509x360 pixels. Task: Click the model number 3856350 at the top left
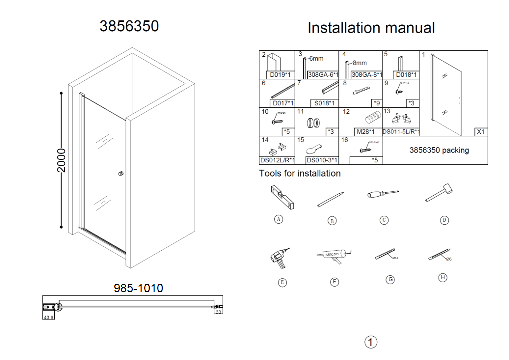pyautogui.click(x=129, y=26)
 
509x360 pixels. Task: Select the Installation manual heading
pyautogui.click(x=371, y=28)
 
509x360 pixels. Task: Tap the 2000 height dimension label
pyautogui.click(x=61, y=160)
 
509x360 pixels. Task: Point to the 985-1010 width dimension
pyautogui.click(x=138, y=288)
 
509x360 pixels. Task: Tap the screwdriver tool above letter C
pyautogui.click(x=383, y=194)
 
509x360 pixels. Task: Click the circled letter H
pyautogui.click(x=442, y=278)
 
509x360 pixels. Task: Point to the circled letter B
pyautogui.click(x=332, y=220)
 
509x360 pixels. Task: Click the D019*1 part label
pyautogui.click(x=277, y=75)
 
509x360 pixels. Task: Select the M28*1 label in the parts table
pyautogui.click(x=365, y=132)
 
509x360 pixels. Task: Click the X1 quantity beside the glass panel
pyautogui.click(x=481, y=132)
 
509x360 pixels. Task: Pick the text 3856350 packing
pyautogui.click(x=439, y=150)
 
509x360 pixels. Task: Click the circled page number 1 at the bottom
pyautogui.click(x=371, y=342)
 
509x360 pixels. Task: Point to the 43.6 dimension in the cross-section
pyautogui.click(x=48, y=317)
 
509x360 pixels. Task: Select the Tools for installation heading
pyautogui.click(x=300, y=174)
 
